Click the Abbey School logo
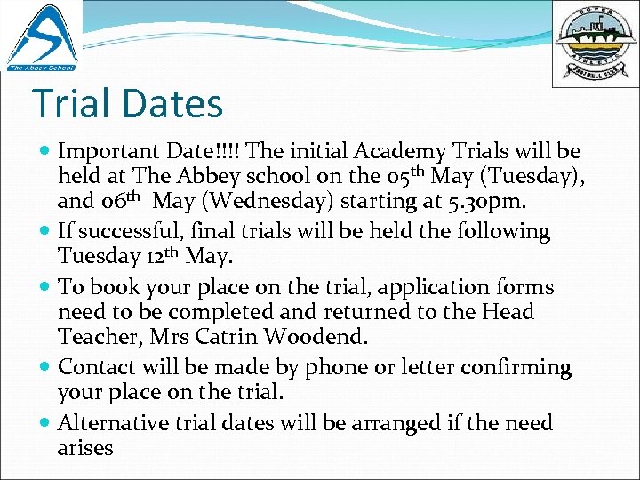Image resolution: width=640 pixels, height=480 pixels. point(41,36)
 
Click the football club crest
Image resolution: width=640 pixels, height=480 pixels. point(594,43)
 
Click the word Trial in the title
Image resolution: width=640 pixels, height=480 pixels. point(76,103)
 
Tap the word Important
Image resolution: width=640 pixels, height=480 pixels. point(110,151)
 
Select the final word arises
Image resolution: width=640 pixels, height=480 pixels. point(85,448)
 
